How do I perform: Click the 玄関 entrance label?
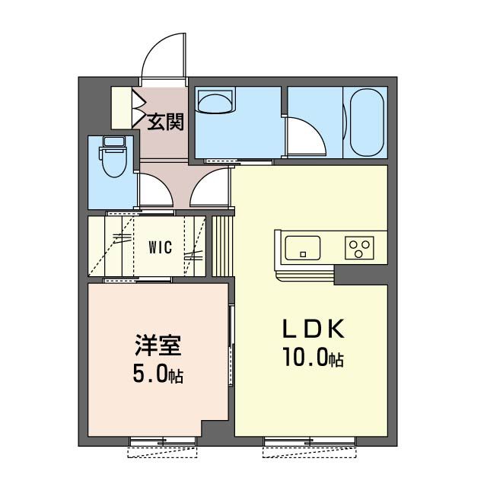coord(164,121)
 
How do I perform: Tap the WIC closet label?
coord(160,247)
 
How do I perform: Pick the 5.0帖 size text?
coord(158,375)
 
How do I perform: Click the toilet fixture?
coord(113,162)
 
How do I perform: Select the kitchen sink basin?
coord(302,248)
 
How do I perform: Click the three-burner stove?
coord(360,248)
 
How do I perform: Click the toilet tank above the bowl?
coord(113,142)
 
